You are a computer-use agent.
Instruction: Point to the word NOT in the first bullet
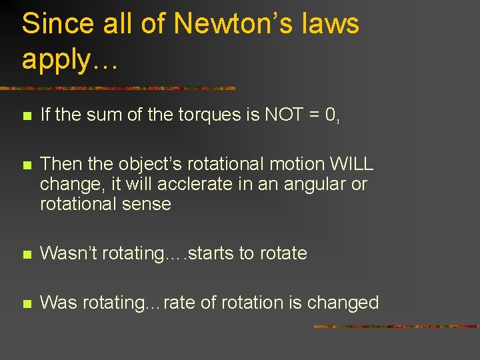coord(285,115)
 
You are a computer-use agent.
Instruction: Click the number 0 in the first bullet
coord(333,115)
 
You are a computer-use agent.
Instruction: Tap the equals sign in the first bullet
coord(315,115)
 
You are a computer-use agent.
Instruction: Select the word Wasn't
coord(68,253)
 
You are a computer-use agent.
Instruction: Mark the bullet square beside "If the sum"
coord(26,116)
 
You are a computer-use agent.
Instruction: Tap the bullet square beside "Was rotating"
coord(26,303)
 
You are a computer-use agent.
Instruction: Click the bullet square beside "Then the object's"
coord(26,165)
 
